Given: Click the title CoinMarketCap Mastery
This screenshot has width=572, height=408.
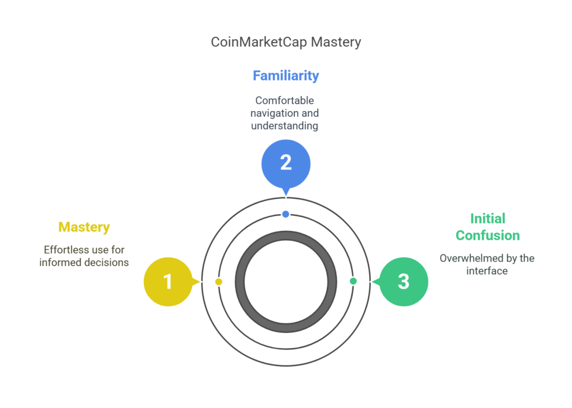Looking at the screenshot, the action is [286, 42].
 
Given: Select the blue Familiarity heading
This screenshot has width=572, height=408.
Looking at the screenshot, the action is [286, 75].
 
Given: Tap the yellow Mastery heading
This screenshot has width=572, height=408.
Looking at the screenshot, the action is [84, 227].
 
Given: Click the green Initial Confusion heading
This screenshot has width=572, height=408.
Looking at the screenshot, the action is [488, 227].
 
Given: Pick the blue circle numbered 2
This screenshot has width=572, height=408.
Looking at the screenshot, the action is [286, 164].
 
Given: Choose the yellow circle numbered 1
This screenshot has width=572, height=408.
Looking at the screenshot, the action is [168, 281].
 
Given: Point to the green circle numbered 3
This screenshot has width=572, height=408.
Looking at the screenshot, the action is [404, 281].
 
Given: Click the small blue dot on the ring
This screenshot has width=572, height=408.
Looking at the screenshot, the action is [285, 214].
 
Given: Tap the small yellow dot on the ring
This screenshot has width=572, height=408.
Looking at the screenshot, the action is [218, 282].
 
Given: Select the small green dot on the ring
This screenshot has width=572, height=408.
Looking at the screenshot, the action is [353, 281].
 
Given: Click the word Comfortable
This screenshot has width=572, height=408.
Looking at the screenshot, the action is [284, 101].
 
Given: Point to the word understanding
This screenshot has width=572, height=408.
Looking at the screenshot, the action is [284, 126].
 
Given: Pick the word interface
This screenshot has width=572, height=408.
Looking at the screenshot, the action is [487, 271].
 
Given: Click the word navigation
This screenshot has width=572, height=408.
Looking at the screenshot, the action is [274, 113].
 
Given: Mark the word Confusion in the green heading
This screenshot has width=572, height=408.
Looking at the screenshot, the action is [488, 235].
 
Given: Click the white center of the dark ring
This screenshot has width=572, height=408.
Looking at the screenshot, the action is [286, 282].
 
